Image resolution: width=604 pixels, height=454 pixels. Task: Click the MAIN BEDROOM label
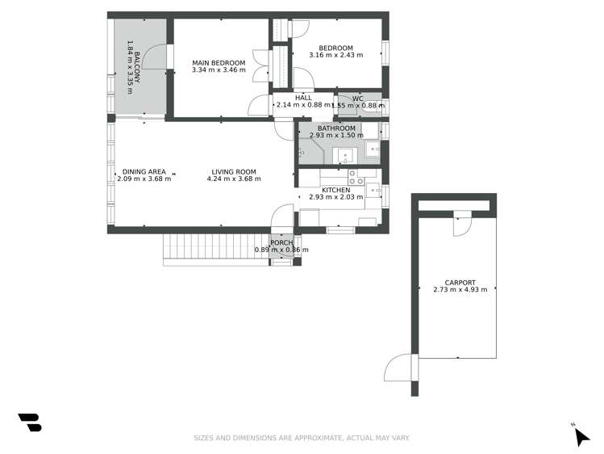219,62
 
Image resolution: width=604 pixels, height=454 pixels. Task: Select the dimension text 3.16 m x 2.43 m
335,56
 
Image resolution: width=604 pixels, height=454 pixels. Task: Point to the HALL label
303,98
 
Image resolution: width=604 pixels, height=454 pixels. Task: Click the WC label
358,98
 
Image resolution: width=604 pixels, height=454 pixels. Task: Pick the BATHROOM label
336,128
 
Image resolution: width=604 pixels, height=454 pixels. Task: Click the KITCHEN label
335,190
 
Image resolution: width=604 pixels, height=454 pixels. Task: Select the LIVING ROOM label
234,171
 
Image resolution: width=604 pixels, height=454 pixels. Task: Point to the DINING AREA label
144,171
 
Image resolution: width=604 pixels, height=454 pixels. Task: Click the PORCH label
281,242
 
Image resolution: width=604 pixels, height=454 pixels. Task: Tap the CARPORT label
460,282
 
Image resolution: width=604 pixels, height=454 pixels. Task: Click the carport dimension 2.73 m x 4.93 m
460,290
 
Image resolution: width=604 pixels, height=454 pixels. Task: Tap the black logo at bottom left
30,422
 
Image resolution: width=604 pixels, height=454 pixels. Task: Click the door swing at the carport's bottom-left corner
399,369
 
